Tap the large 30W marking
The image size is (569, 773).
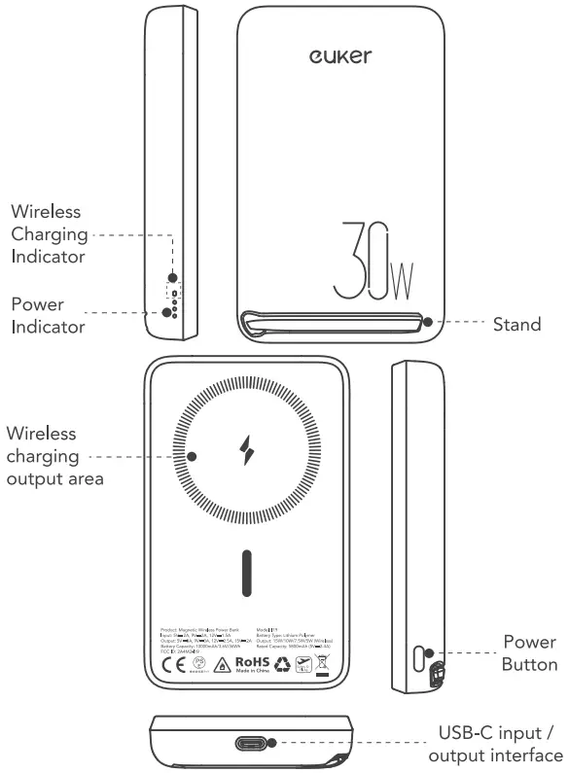(x=373, y=264)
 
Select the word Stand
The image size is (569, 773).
(x=516, y=325)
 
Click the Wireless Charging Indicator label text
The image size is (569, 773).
(x=47, y=234)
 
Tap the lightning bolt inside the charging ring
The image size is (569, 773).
(x=245, y=450)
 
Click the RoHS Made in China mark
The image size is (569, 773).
(x=249, y=667)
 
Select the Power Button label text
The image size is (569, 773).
(x=530, y=653)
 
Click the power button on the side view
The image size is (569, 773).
(x=421, y=657)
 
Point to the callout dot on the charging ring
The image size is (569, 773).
(x=193, y=455)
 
